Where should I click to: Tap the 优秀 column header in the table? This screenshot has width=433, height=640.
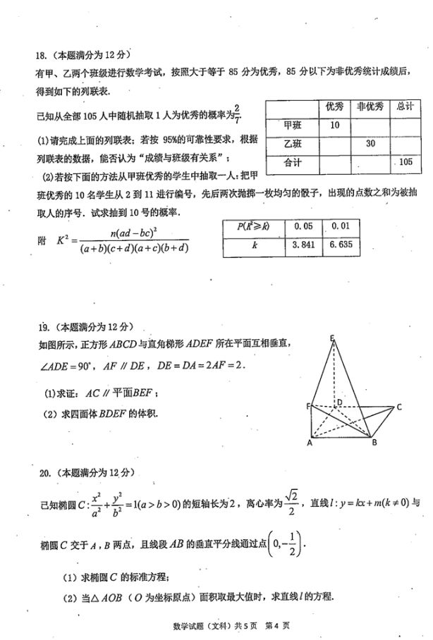335,106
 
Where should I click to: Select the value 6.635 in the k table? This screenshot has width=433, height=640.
338,247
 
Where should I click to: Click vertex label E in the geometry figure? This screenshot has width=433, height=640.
332,338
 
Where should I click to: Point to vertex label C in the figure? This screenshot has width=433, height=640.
399,407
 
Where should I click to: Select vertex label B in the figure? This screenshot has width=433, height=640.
374,443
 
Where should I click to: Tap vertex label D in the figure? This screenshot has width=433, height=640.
339,402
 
